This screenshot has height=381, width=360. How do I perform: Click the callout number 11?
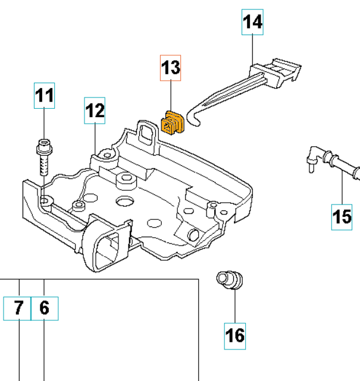click(43, 96)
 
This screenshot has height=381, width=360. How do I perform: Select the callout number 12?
click(95, 110)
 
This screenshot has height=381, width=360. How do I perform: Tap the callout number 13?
click(171, 68)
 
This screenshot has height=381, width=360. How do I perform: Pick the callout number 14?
click(253, 23)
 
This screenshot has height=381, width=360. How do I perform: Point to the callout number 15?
click(343, 217)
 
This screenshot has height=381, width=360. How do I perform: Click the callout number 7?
click(18, 308)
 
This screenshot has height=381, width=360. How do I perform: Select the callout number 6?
click(45, 308)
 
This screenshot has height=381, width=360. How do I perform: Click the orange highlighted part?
click(173, 123)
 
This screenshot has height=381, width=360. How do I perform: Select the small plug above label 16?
click(229, 279)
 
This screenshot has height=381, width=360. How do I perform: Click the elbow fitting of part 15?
click(314, 156)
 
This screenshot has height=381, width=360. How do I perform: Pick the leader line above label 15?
click(343, 187)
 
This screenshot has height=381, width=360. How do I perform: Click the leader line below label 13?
click(171, 95)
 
